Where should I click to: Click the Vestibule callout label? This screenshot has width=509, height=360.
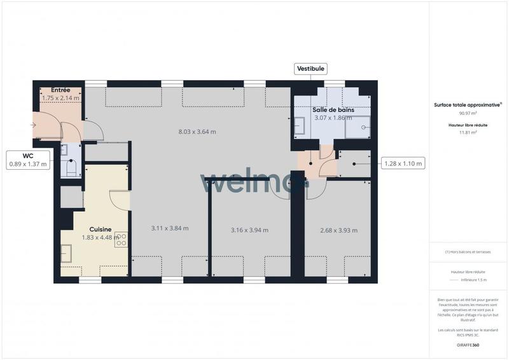[310, 69]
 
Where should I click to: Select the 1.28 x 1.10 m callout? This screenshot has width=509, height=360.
[403, 163]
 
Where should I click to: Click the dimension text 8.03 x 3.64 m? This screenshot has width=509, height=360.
[197, 132]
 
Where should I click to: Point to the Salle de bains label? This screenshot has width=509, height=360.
[332, 110]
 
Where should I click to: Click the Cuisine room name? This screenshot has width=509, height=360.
[101, 229]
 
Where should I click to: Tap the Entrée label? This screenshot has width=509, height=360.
[60, 90]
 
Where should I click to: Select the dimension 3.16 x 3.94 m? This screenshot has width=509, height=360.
[249, 230]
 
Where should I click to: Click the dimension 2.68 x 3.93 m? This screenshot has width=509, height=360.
[338, 230]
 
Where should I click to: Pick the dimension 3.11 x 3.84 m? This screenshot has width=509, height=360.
[170, 228]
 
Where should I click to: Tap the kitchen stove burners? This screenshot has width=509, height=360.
[121, 239]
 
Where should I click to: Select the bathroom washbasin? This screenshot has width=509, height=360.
[298, 128]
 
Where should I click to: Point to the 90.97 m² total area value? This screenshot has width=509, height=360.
[468, 114]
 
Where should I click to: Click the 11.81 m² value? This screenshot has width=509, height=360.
[468, 133]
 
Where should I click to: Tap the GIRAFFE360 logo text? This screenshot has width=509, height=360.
[468, 345]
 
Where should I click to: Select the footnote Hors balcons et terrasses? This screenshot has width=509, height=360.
[468, 252]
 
